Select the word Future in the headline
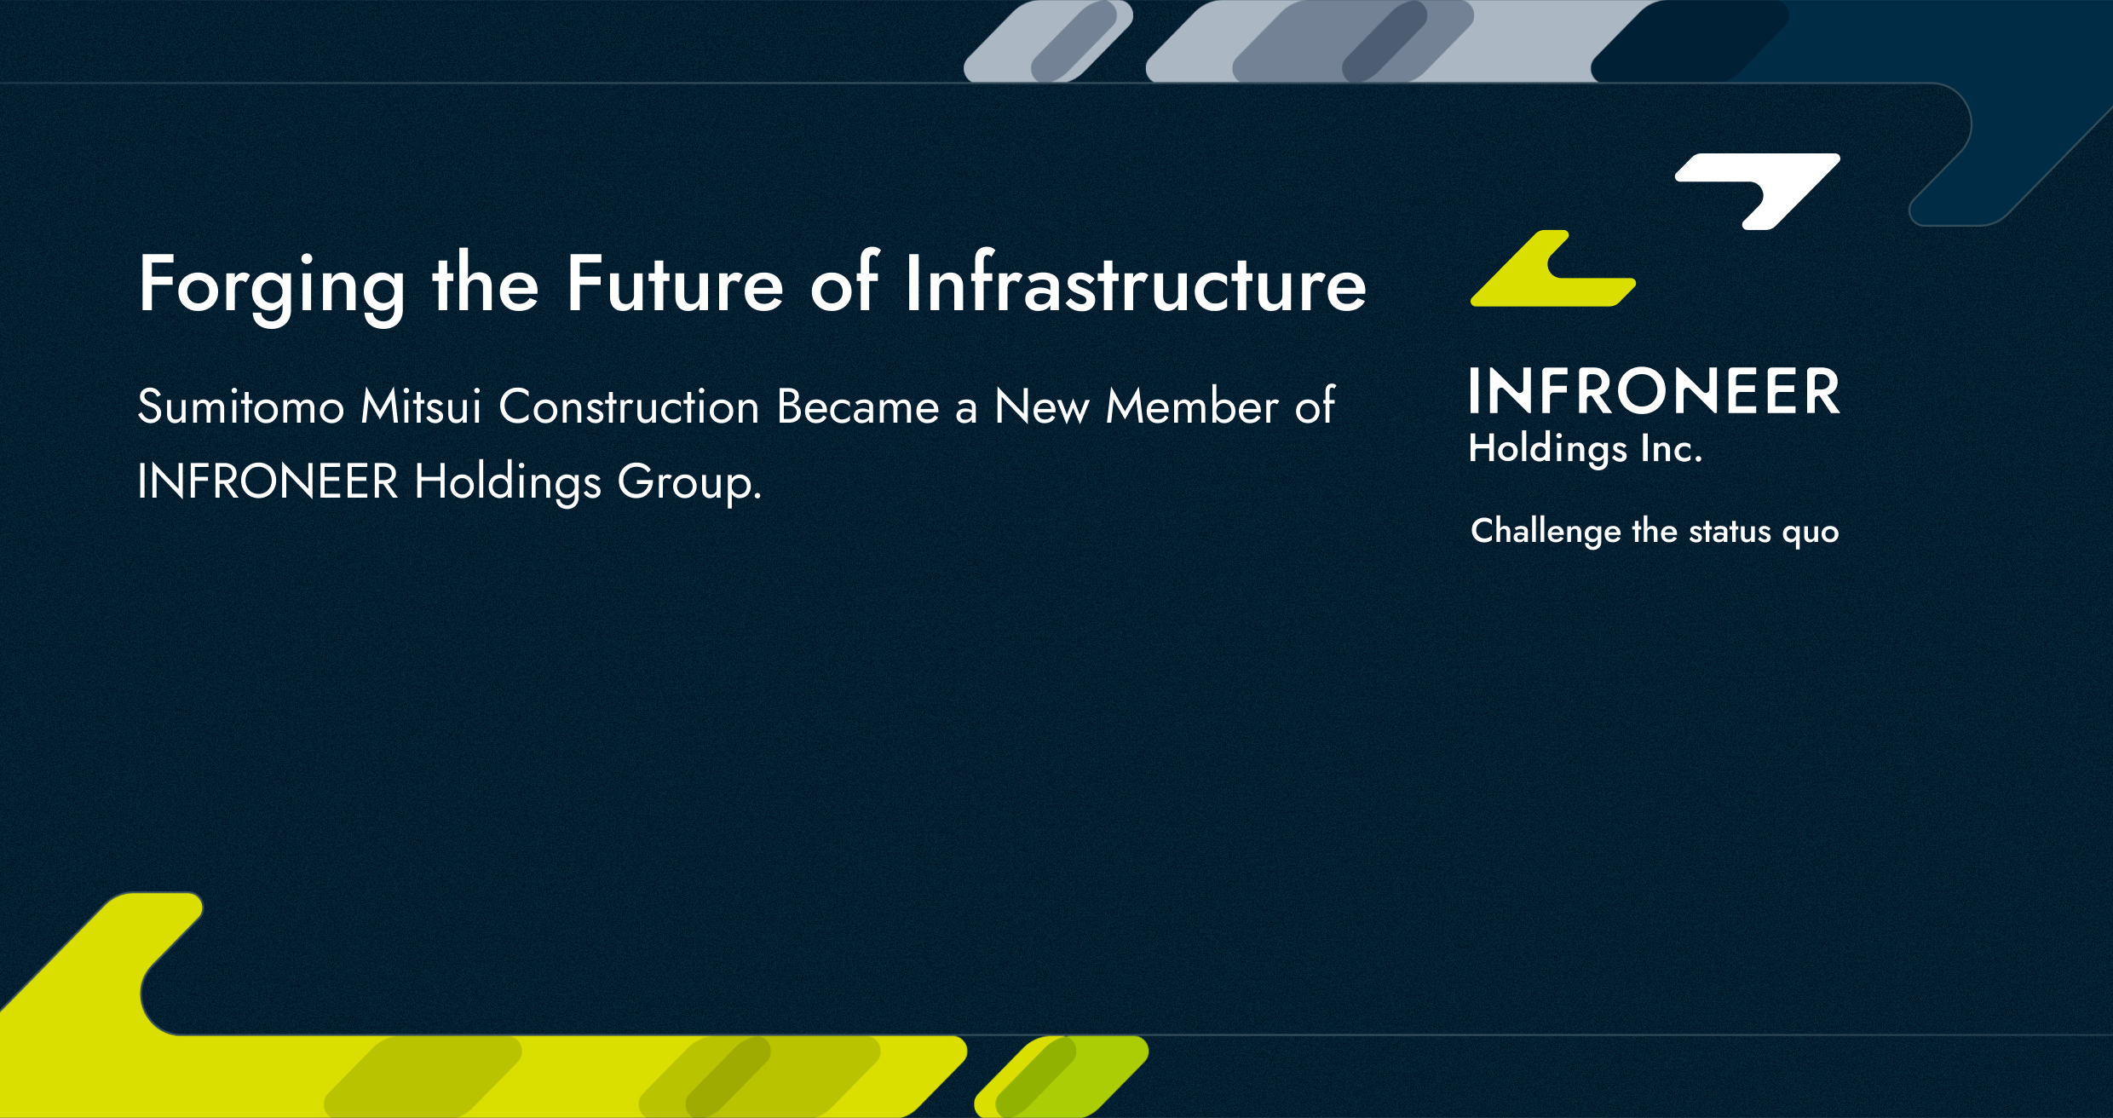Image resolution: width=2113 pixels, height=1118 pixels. [675, 282]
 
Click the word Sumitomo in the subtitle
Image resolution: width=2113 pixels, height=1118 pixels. [241, 406]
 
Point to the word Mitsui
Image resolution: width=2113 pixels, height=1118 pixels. [421, 406]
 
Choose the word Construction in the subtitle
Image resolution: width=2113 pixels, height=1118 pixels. [629, 406]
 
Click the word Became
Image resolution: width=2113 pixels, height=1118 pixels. [858, 406]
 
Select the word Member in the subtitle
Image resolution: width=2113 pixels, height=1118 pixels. [1192, 406]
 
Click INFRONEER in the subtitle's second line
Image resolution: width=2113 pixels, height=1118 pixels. [268, 481]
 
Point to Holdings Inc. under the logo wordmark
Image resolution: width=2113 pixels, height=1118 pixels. [1586, 449]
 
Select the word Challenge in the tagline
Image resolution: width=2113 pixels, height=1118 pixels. [1546, 532]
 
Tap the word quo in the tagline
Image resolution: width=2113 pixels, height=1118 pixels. [1811, 533]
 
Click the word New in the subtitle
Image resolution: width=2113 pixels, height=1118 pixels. [1041, 406]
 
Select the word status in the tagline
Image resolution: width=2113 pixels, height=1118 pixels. [1730, 532]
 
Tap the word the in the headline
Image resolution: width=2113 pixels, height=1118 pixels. [486, 282]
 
